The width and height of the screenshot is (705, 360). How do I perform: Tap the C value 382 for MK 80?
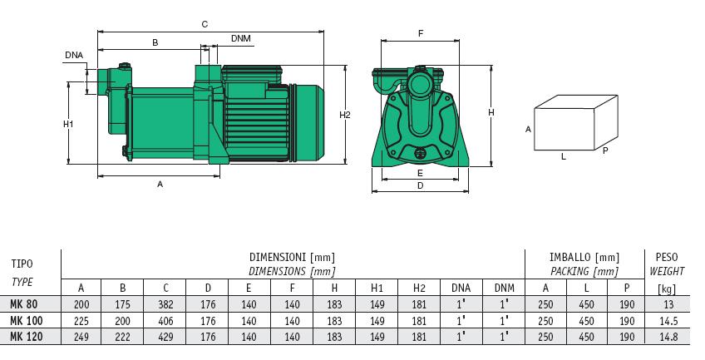tap(166, 304)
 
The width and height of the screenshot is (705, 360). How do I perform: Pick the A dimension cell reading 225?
tap(81, 320)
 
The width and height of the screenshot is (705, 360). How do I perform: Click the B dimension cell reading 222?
tap(123, 336)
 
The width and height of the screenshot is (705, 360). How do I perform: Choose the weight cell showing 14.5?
tap(667, 320)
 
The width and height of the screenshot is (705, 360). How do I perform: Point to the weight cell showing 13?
tap(667, 304)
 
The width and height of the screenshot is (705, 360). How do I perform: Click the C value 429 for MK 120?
tap(166, 336)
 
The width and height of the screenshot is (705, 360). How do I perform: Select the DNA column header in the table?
tap(461, 288)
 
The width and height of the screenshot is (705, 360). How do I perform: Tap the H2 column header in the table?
tap(419, 288)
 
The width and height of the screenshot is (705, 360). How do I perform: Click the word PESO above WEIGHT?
tap(668, 258)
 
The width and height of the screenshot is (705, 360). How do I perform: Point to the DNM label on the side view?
tap(240, 39)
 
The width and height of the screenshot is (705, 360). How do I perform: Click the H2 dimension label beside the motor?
tap(345, 115)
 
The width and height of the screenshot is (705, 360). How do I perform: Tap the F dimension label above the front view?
tap(421, 34)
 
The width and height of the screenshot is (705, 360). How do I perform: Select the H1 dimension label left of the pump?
tap(69, 124)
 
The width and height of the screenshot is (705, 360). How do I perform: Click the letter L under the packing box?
tap(563, 155)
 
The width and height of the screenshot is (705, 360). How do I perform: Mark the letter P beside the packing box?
tap(605, 150)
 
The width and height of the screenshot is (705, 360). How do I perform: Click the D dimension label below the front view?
tap(421, 186)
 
